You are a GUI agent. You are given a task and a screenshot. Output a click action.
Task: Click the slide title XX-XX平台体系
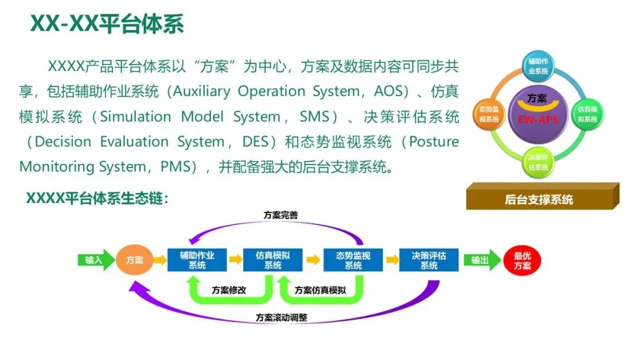pyautogui.click(x=107, y=24)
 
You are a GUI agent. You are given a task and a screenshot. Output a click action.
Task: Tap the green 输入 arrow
pyautogui.click(x=95, y=260)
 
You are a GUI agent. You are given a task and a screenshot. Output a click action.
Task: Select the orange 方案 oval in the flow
pyautogui.click(x=134, y=260)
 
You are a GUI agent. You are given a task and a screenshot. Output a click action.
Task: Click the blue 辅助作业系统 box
pyautogui.click(x=197, y=260)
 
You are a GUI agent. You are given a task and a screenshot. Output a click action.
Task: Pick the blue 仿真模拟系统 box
pyautogui.click(x=273, y=260)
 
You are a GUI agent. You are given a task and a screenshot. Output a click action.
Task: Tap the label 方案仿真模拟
pyautogui.click(x=320, y=290)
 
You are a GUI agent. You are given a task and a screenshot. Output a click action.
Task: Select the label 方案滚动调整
pyautogui.click(x=282, y=317)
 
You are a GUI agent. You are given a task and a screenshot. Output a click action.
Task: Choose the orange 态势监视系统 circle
pyautogui.click(x=488, y=113)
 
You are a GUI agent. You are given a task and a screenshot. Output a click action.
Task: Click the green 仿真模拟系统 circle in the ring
pyautogui.click(x=587, y=113)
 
